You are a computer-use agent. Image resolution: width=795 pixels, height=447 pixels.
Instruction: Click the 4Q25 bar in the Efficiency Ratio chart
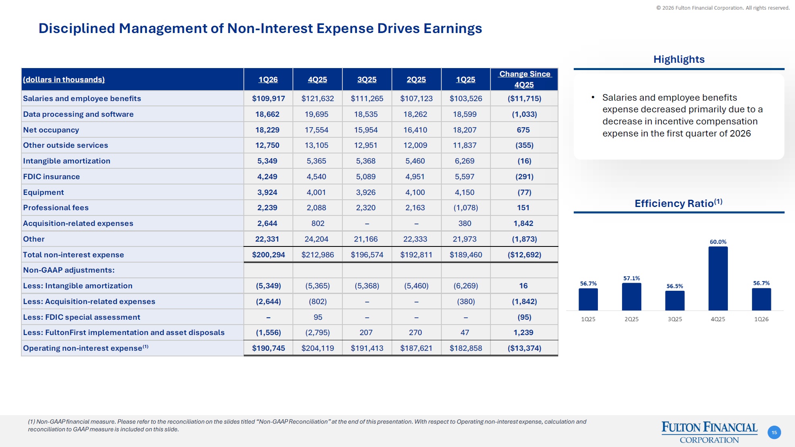[x=718, y=278]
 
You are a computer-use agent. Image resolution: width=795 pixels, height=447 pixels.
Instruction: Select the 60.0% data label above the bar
[x=718, y=242]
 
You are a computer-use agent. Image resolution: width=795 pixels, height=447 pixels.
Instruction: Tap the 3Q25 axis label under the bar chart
[x=675, y=319]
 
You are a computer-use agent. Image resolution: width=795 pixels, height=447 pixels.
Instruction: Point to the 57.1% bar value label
[x=631, y=278]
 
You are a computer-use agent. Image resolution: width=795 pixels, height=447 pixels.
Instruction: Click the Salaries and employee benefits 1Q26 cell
[x=268, y=99]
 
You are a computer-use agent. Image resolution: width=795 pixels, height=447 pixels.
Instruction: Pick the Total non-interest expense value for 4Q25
[x=317, y=255]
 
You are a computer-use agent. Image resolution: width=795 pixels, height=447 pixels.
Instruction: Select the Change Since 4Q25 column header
[x=524, y=79]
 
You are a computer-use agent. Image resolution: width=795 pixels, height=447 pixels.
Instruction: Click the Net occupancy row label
[x=51, y=130]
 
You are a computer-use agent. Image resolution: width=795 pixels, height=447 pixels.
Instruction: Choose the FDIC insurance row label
[x=51, y=177]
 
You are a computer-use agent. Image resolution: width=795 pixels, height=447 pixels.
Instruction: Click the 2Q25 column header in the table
[x=416, y=80]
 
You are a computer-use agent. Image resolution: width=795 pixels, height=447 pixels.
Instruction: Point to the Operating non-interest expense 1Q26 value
[x=268, y=348]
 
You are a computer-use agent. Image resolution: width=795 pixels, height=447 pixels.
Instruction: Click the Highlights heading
[x=679, y=60]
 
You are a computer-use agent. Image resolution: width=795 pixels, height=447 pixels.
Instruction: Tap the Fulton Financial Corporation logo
[x=709, y=432]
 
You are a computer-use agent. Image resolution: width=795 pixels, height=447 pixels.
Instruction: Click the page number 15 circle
[x=774, y=433]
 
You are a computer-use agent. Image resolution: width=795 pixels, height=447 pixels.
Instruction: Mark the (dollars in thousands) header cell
[x=64, y=80]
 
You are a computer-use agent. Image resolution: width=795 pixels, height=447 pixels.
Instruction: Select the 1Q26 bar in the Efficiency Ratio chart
[x=761, y=299]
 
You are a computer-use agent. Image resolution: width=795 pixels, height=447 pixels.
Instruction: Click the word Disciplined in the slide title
[x=77, y=29]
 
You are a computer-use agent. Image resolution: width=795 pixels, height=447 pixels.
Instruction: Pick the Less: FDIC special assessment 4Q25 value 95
[x=318, y=317]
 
